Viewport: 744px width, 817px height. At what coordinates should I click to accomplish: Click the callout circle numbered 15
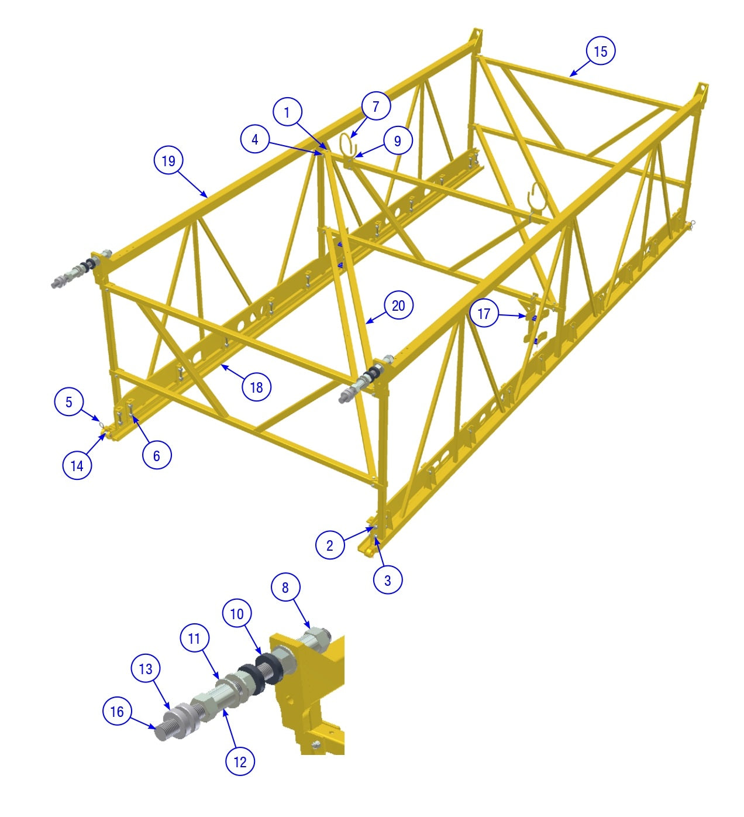click(600, 51)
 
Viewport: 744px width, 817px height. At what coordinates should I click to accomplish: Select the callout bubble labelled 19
click(168, 160)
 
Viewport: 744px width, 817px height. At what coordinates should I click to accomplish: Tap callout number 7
click(376, 106)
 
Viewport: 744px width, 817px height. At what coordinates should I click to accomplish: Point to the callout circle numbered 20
click(398, 305)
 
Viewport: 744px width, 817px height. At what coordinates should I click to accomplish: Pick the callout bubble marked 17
click(483, 313)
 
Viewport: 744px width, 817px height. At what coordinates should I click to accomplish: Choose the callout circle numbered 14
click(77, 465)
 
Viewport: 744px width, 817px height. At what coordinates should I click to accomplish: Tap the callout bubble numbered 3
click(387, 581)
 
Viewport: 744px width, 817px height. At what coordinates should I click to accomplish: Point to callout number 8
click(285, 587)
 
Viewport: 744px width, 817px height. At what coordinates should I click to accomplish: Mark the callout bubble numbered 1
click(287, 112)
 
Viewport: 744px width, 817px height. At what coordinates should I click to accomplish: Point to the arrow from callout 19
click(193, 184)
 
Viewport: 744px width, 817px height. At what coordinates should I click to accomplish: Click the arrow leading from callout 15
click(580, 68)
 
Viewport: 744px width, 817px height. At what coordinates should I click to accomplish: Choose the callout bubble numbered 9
click(398, 140)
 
